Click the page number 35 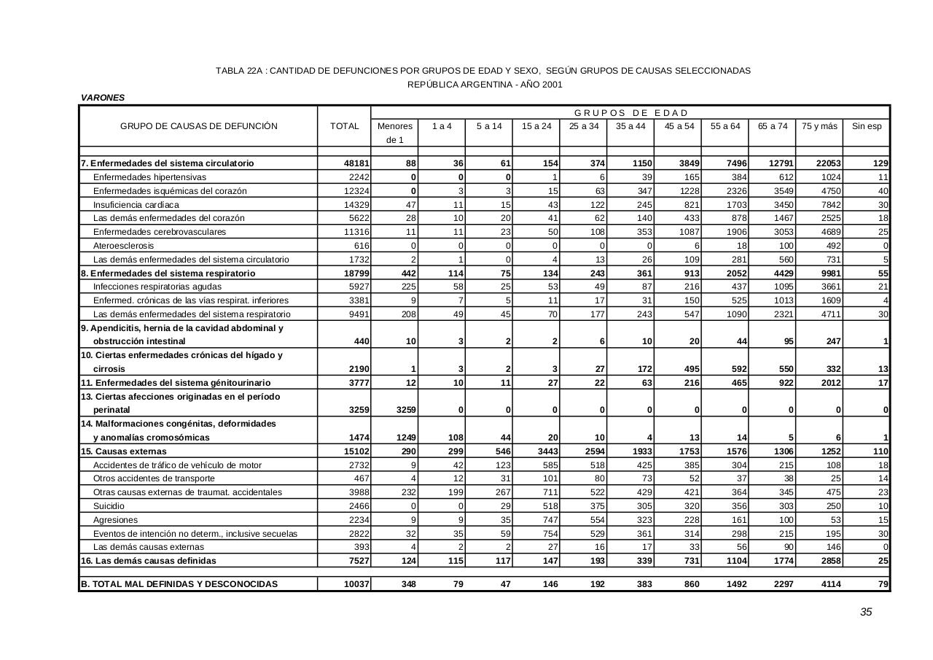[865, 612]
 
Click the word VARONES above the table [103, 98]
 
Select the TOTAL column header [344, 126]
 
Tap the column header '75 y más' [819, 126]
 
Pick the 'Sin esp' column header [867, 126]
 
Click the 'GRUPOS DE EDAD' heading [631, 112]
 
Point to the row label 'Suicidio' [109, 505]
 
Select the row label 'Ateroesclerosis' [123, 246]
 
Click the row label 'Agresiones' [114, 519]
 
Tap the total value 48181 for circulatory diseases [356, 163]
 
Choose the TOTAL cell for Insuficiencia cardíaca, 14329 [356, 205]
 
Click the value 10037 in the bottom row [356, 584]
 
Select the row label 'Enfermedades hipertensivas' [149, 177]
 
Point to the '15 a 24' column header [536, 126]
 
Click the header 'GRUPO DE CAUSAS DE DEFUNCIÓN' [198, 126]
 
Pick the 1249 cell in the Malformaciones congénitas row [403, 438]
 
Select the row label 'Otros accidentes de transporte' [154, 478]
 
